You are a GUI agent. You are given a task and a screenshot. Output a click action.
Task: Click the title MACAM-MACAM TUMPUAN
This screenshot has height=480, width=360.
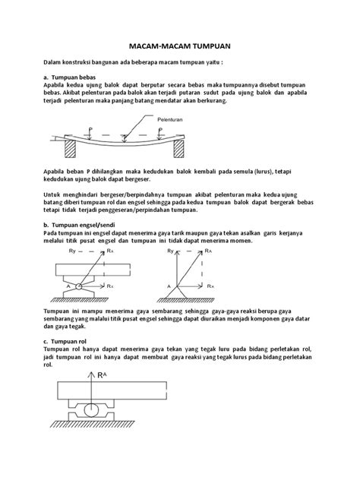(x=179, y=46)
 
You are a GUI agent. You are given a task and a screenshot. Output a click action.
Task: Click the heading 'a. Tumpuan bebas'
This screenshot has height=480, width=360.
(x=69, y=77)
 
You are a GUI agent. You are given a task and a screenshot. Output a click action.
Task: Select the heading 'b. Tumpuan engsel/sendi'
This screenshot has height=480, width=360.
(x=79, y=226)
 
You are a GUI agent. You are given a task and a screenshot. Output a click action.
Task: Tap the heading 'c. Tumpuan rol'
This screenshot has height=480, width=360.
(x=65, y=341)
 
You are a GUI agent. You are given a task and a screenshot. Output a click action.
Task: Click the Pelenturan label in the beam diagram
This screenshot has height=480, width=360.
(x=170, y=120)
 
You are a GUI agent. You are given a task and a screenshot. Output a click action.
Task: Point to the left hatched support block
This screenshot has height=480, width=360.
(x=70, y=149)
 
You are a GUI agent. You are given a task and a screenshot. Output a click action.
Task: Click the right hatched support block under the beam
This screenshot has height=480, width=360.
(x=178, y=149)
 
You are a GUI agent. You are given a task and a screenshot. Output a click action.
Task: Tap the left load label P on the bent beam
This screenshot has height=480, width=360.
(x=90, y=130)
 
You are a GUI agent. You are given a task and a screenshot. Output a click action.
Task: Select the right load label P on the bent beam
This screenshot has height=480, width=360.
(x=160, y=130)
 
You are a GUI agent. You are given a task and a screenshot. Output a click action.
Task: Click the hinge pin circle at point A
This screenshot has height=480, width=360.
(x=79, y=286)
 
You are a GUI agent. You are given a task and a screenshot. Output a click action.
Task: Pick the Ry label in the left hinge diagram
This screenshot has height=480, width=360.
(x=72, y=251)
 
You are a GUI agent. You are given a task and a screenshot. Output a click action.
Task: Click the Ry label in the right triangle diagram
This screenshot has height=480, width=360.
(x=171, y=251)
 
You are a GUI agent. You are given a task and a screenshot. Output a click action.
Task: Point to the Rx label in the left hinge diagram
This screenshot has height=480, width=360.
(x=110, y=286)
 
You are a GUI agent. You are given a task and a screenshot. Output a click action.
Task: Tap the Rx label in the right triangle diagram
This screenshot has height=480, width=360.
(x=210, y=286)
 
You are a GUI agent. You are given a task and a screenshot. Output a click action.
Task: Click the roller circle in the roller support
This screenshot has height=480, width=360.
(x=91, y=410)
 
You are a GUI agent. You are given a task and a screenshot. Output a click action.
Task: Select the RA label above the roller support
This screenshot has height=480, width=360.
(x=103, y=375)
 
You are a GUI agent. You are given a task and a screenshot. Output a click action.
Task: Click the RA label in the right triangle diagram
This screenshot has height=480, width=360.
(x=208, y=251)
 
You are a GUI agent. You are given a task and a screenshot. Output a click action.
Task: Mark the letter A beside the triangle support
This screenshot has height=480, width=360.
(x=169, y=286)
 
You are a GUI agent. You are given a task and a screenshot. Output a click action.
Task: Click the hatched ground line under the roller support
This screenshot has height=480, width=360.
(x=92, y=424)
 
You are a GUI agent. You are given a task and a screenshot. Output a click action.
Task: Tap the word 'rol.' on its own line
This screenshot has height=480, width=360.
(x=48, y=365)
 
